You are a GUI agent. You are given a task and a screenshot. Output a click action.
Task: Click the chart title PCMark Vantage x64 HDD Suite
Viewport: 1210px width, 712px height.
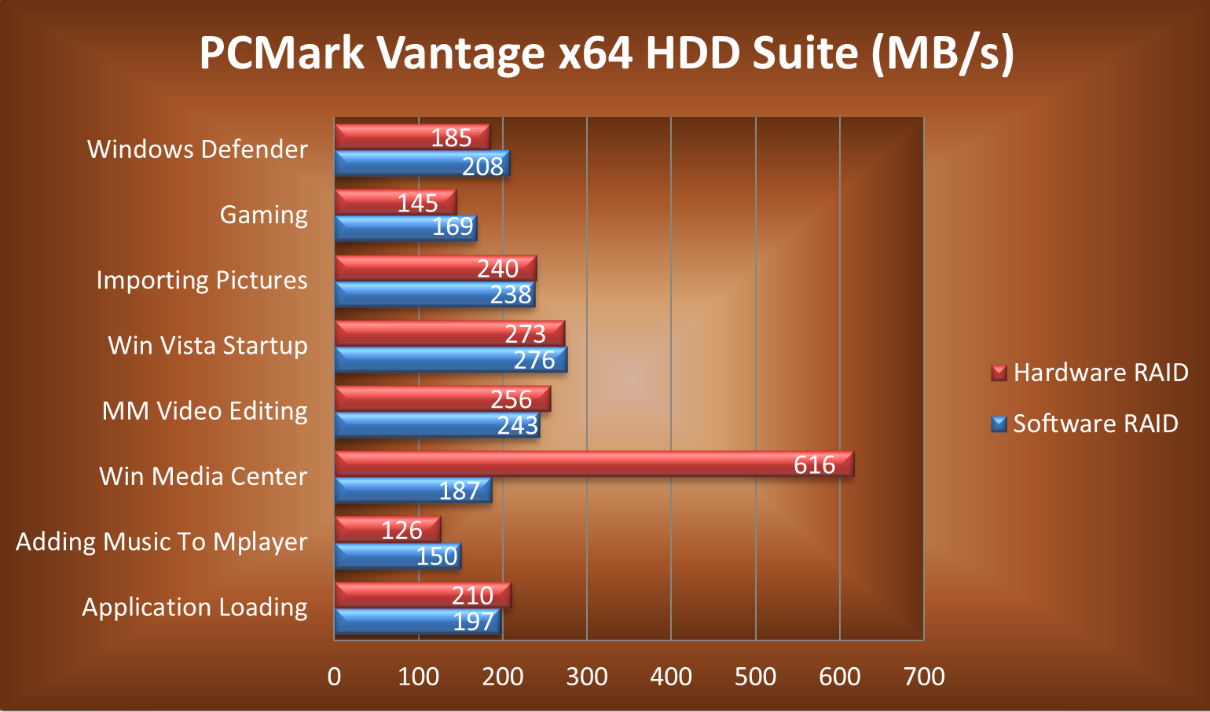point(606,53)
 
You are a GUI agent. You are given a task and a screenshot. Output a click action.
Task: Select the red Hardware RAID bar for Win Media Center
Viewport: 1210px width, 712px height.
point(593,464)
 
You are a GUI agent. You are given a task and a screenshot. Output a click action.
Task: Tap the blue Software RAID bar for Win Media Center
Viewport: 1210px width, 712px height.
point(412,490)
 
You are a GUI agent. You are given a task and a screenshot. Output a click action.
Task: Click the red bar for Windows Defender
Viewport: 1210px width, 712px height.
point(412,137)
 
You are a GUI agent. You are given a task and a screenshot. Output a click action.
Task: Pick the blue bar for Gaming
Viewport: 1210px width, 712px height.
point(405,228)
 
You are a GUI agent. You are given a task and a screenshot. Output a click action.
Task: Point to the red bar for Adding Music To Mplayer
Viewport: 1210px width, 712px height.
point(387,530)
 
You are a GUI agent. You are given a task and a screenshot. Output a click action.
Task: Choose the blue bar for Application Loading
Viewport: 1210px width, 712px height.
point(417,621)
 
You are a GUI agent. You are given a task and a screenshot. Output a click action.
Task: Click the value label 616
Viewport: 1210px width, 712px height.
point(814,464)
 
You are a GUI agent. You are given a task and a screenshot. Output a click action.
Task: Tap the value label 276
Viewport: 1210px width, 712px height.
point(534,360)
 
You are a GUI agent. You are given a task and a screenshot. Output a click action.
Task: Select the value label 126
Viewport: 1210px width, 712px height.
point(401,530)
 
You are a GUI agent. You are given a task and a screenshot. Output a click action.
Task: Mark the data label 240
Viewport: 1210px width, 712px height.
point(497,269)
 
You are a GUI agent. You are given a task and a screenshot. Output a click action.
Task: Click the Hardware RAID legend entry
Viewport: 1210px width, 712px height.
point(1090,373)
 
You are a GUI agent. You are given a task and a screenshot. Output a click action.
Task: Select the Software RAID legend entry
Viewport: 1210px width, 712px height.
point(1085,424)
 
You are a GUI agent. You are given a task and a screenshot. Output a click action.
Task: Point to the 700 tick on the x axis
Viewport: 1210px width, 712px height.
point(924,677)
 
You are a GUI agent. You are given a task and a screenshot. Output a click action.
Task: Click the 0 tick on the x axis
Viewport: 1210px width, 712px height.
point(335,677)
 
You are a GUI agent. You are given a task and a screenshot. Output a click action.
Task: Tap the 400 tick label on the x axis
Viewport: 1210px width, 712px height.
point(671,677)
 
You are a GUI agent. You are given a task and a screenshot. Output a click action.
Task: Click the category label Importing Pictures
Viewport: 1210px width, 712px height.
point(202,281)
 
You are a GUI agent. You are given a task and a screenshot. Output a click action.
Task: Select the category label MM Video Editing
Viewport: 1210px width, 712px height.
point(204,411)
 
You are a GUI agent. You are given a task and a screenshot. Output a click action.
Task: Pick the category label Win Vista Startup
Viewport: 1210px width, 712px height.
point(207,346)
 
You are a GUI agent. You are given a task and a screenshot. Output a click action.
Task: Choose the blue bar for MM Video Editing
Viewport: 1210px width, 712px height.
point(437,425)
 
